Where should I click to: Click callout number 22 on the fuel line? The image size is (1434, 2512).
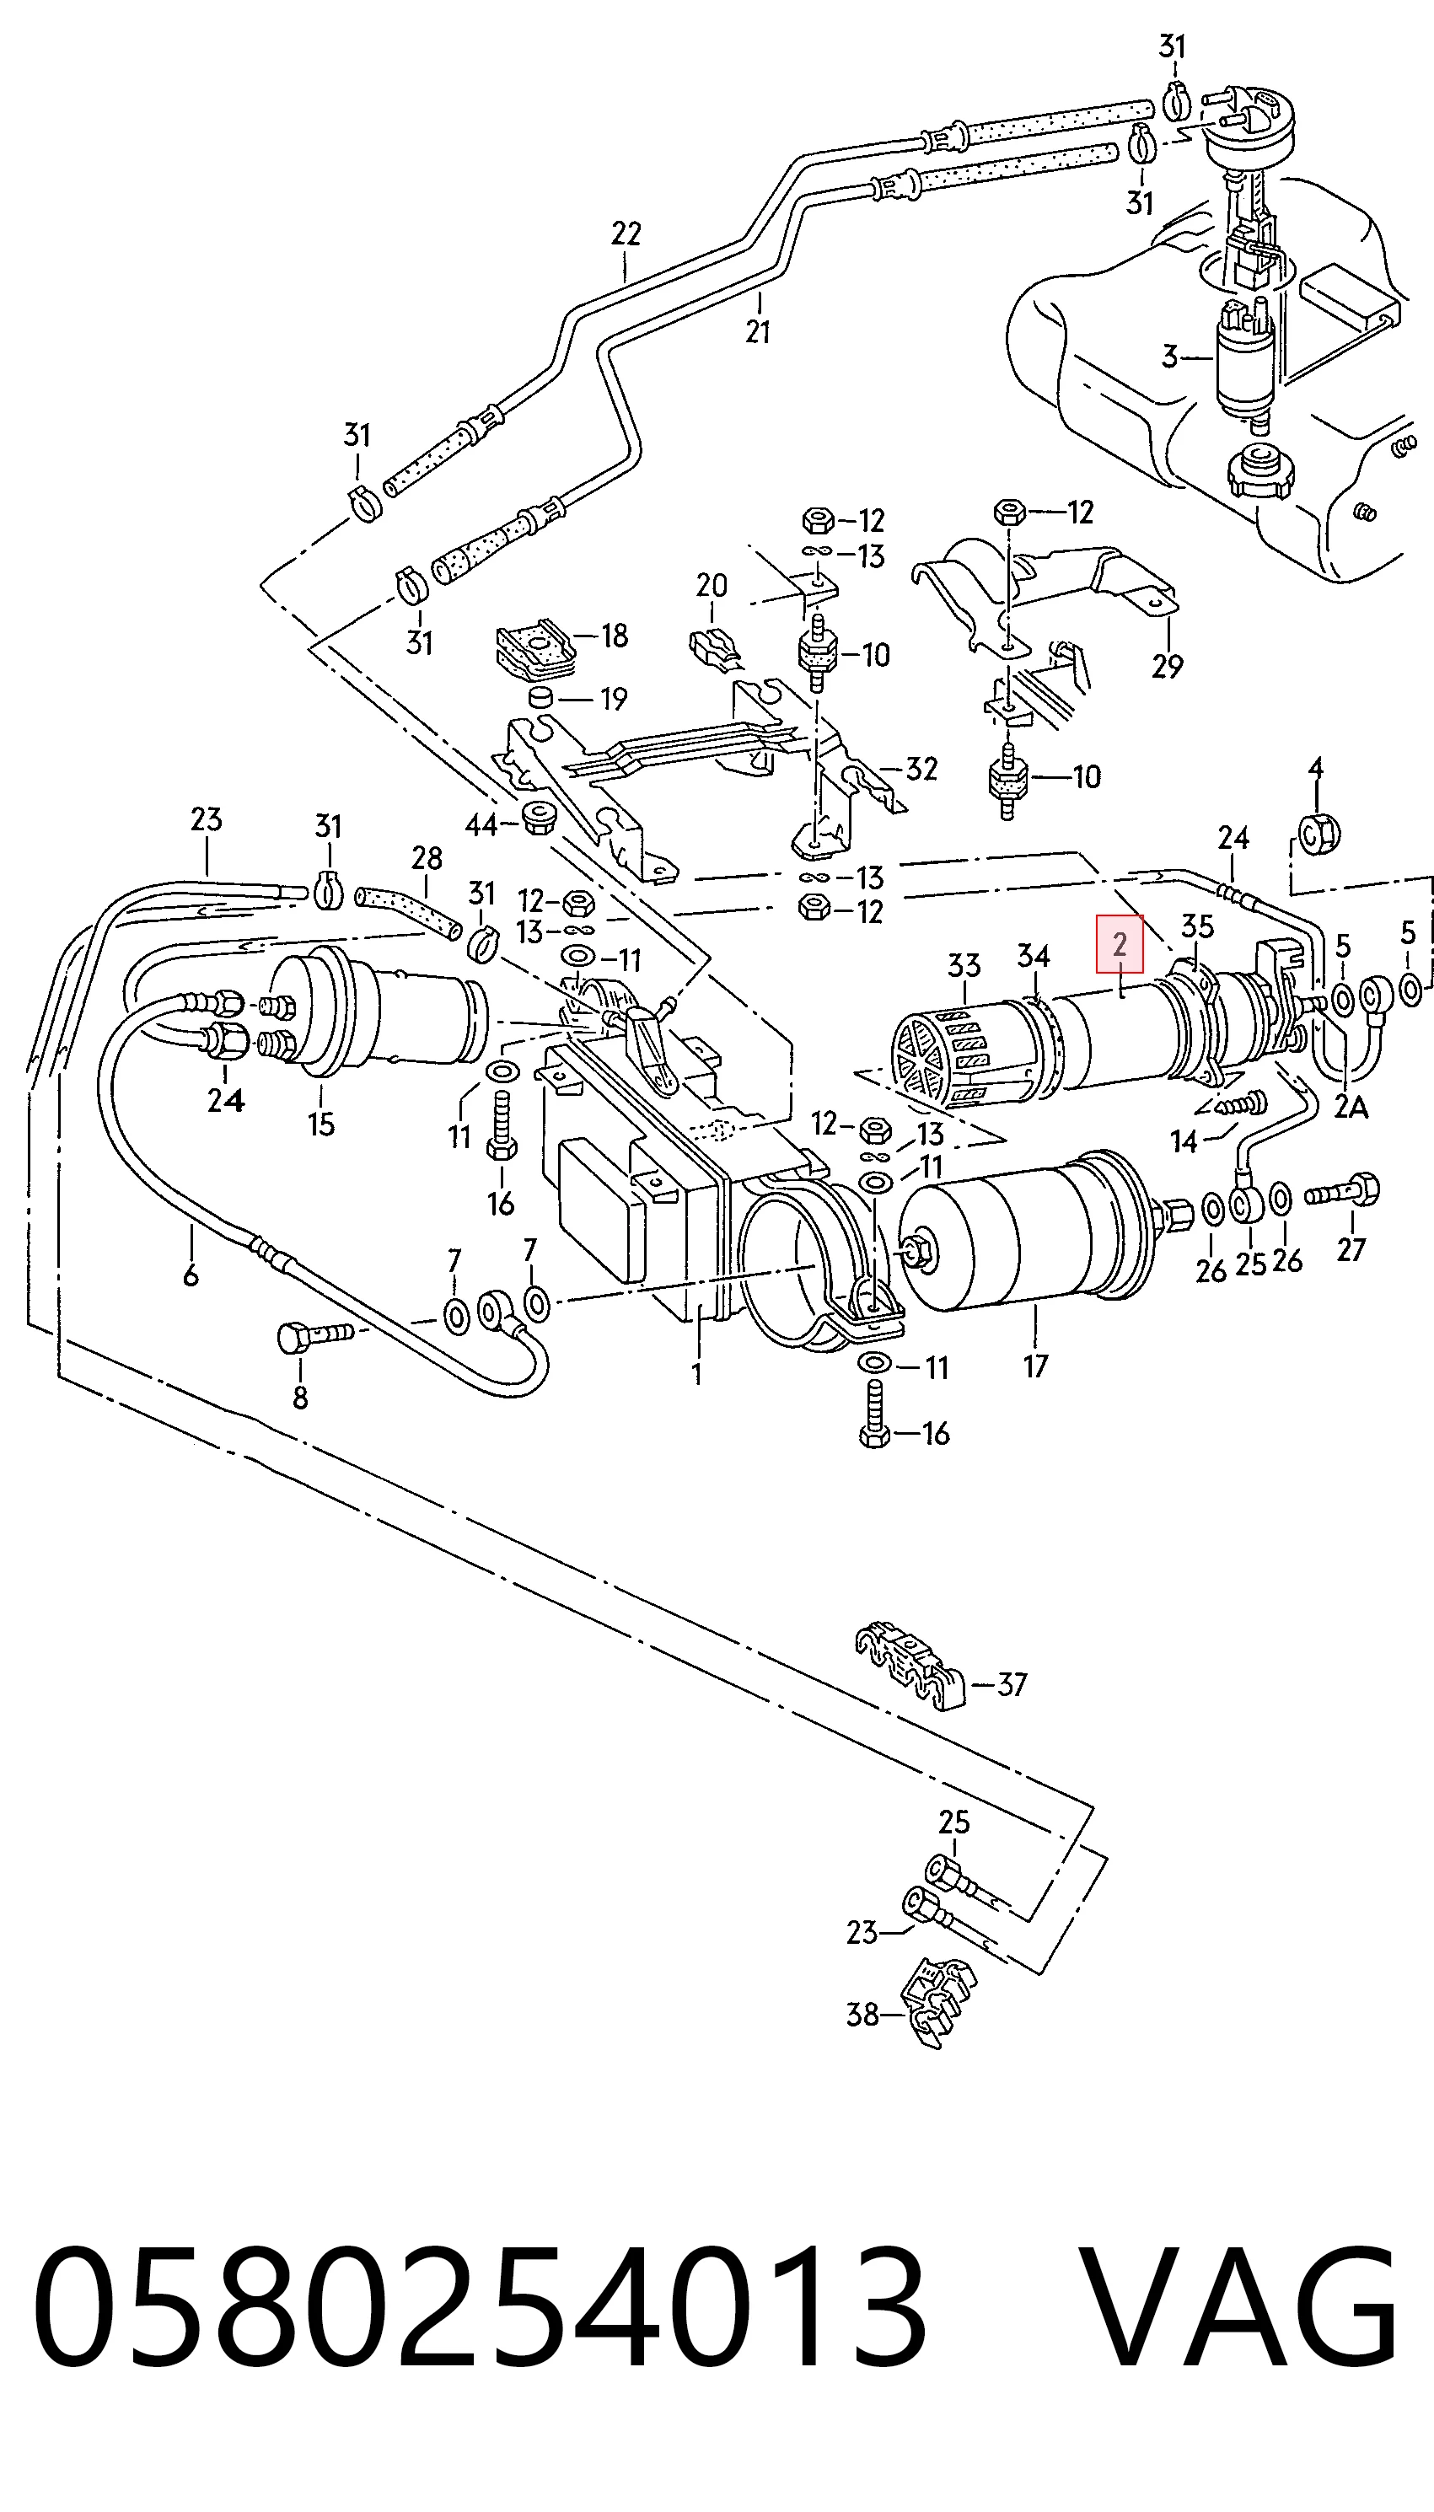(x=626, y=234)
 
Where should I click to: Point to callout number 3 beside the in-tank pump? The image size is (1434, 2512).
(x=1169, y=356)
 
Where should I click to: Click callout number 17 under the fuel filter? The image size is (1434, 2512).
(x=1035, y=1366)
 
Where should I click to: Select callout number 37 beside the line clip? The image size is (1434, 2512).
(x=1012, y=1684)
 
